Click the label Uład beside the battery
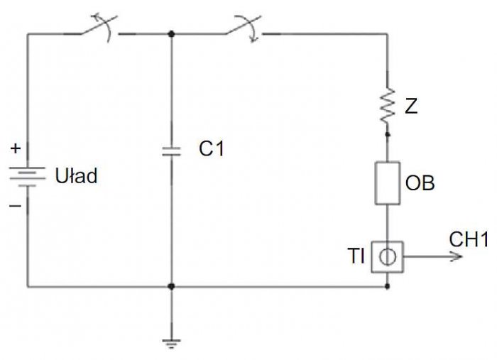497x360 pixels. pos(76,175)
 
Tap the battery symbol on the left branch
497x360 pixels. pos(27,177)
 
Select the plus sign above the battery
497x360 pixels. pos(15,148)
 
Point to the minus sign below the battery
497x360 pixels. pos(15,206)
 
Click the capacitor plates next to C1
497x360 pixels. pos(172,151)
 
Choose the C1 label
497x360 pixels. pos(212,148)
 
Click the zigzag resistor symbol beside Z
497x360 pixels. pos(388,106)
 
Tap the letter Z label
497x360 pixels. pos(411,106)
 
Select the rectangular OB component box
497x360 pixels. pos(388,183)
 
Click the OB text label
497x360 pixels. pos(420,183)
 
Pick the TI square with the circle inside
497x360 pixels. pos(388,257)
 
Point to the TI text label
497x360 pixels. pos(356,256)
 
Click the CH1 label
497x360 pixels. pos(469,239)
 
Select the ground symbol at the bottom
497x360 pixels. pos(172,344)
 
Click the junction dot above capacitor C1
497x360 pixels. pos(172,33)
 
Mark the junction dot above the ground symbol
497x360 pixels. pos(172,286)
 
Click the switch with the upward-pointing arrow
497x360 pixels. pos(98,28)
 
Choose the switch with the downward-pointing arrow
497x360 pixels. pos(244,28)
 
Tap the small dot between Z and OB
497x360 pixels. pos(388,135)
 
